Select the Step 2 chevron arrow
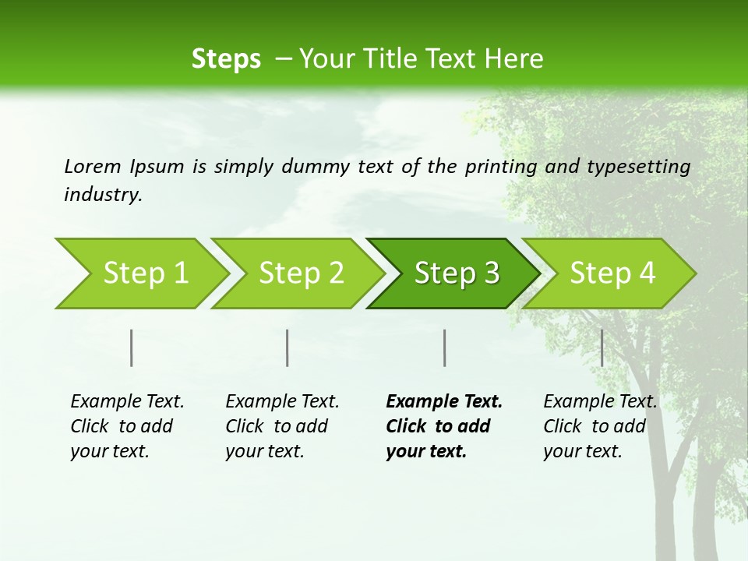coord(300,273)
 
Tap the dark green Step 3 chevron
coord(456,273)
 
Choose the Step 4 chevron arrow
coord(612,273)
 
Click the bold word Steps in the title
coord(226,59)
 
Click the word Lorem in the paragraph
coord(93,166)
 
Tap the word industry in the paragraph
coord(103,195)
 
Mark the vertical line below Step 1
coord(132,348)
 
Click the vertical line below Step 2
coord(288,348)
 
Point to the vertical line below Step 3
coord(444,348)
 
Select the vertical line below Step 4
coord(602,348)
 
